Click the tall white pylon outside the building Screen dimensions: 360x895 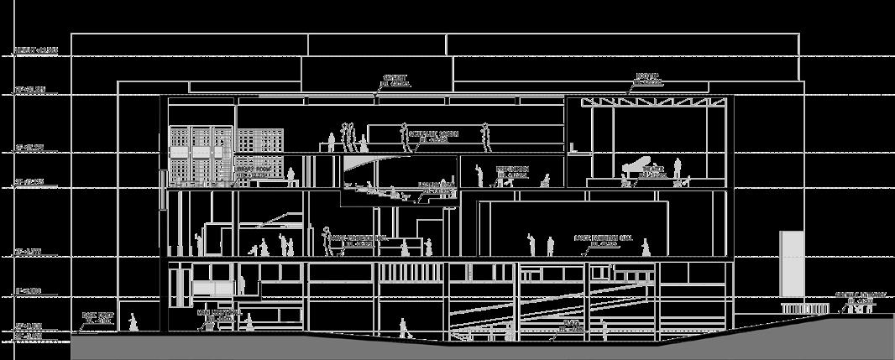pyautogui.click(x=791, y=264)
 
